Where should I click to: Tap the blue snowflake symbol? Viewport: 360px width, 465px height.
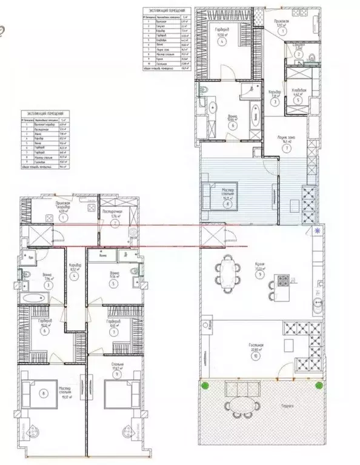[x=318, y=232]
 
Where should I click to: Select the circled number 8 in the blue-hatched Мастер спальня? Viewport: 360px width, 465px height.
[x=227, y=204]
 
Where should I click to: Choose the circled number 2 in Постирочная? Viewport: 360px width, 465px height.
[x=115, y=222]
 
